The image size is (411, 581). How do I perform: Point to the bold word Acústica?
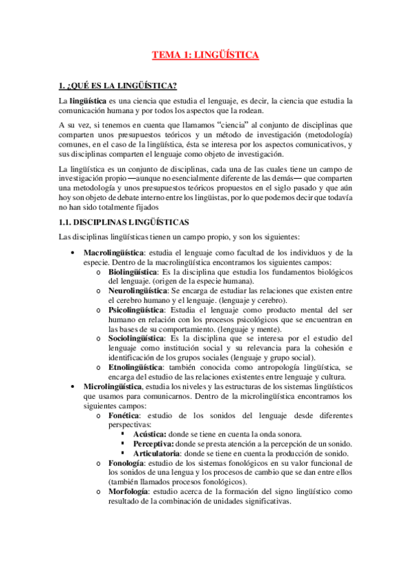click(x=149, y=434)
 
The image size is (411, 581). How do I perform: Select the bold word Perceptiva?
click(x=152, y=444)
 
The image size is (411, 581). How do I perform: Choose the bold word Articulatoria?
click(x=157, y=454)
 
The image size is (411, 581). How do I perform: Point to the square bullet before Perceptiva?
click(x=122, y=445)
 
